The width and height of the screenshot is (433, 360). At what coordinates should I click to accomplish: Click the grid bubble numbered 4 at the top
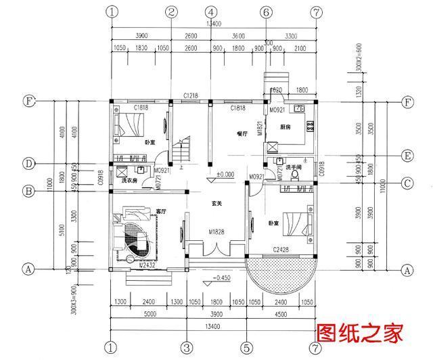(x=211, y=12)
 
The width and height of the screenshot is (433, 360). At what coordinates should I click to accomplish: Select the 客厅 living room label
(x=161, y=211)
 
